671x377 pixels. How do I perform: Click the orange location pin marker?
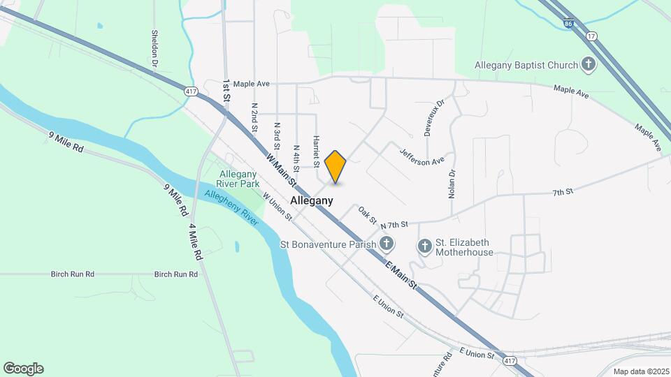[335, 166]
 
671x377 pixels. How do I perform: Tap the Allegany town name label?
[311, 200]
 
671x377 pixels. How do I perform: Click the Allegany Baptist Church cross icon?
[589, 65]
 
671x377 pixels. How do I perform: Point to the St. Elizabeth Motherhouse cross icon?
[424, 246]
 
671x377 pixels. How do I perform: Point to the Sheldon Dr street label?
[154, 49]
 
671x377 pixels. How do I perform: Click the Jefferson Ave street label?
[421, 156]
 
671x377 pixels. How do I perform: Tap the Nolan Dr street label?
[452, 184]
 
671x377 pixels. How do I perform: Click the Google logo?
[23, 368]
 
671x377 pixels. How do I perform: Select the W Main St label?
[282, 170]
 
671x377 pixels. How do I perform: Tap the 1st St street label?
[226, 91]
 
